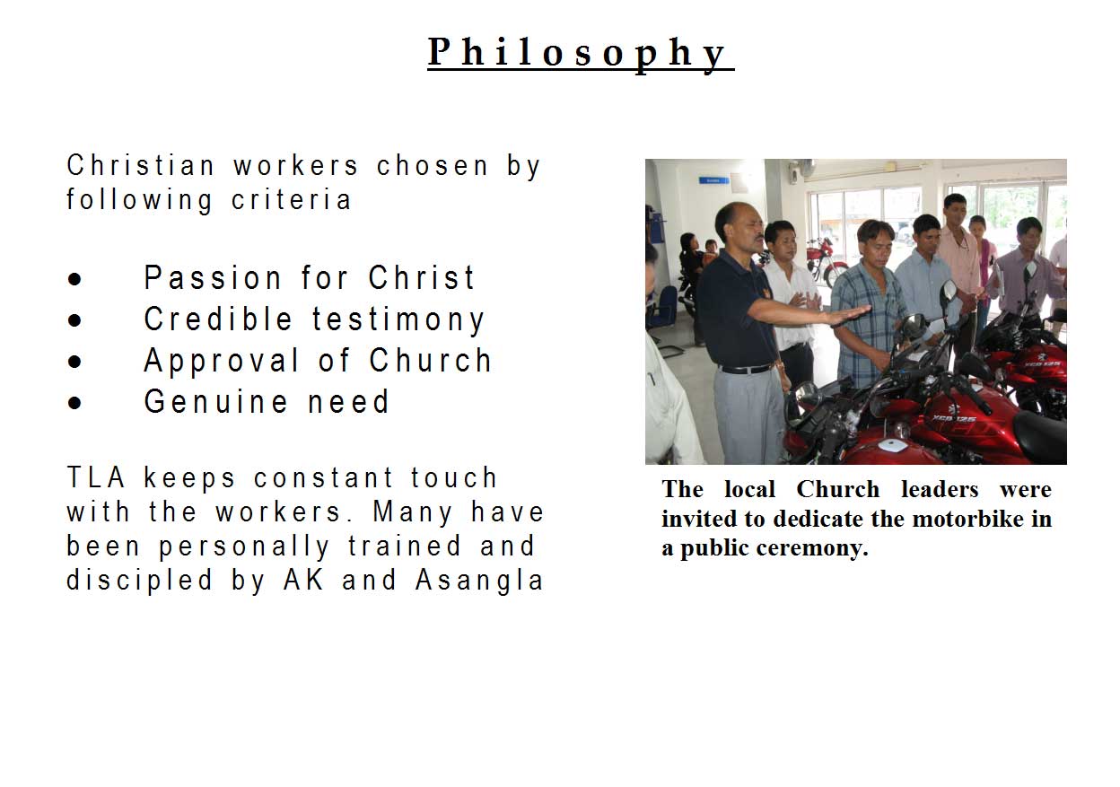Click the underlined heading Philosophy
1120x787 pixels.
(581, 54)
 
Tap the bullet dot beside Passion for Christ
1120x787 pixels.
(74, 279)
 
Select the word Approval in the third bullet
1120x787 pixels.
(221, 362)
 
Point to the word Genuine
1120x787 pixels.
(215, 401)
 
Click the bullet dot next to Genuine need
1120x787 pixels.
(74, 403)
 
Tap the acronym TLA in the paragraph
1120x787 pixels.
(96, 477)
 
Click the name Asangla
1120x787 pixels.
(479, 581)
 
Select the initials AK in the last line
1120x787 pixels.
(303, 580)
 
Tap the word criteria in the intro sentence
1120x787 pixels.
(291, 200)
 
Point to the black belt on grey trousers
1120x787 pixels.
(746, 369)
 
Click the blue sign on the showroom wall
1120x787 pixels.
(713, 180)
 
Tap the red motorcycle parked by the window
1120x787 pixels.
(825, 261)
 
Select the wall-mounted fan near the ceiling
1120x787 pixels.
(800, 168)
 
